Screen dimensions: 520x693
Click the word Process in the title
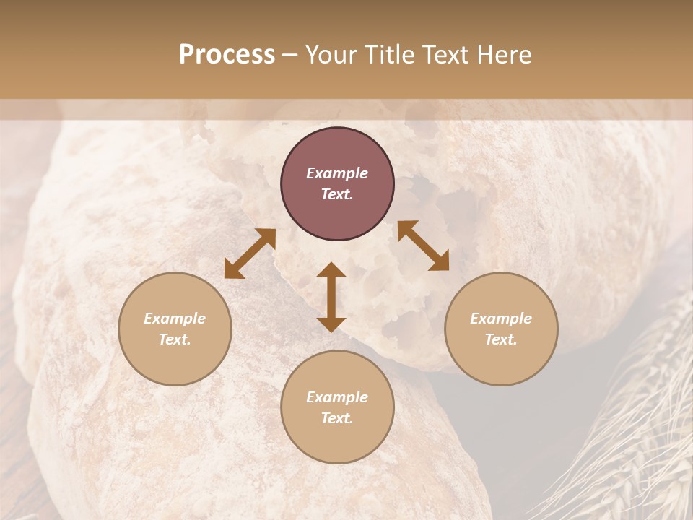point(227,55)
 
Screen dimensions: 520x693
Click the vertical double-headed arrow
point(331,297)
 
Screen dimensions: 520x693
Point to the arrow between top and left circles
point(250,253)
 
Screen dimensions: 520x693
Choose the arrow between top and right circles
point(423,246)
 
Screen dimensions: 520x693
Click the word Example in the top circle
point(337,173)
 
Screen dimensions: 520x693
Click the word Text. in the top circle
point(337,194)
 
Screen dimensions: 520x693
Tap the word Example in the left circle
point(175,318)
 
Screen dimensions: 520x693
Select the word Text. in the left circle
point(175,339)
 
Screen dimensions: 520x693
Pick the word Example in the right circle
point(501,318)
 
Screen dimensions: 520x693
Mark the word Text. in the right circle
point(501,339)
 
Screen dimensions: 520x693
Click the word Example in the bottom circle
point(337,397)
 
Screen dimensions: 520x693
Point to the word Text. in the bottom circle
point(337,418)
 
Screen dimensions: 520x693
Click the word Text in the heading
point(447,55)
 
